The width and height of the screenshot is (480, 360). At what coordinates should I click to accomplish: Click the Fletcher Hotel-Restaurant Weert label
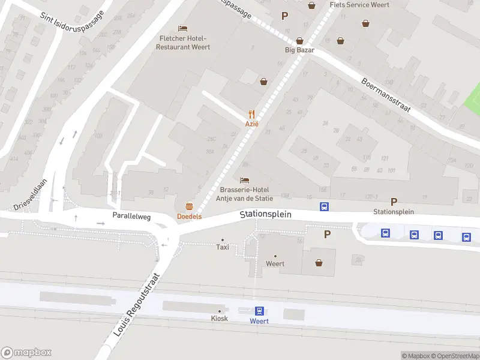coord(184,43)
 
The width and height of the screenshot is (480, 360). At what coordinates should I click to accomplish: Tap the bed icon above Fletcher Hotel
coord(183,28)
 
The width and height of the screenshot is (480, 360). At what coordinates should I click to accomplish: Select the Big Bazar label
coord(299,50)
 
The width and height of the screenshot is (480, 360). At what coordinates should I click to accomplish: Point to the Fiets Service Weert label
coord(359,5)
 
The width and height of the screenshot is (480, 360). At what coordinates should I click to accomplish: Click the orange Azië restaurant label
coord(251,124)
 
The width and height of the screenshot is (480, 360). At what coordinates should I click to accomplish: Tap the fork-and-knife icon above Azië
coord(251,114)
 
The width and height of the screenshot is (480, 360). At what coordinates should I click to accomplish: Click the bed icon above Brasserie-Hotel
coord(244,180)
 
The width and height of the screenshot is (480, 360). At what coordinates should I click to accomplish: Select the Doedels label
coord(189,216)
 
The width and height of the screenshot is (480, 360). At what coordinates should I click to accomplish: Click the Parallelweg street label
coord(130,215)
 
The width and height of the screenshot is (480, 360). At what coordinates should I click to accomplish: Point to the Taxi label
coord(222,247)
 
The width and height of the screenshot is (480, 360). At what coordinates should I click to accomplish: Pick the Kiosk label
coord(219,318)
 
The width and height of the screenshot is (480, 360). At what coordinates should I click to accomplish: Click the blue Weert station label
coord(259,321)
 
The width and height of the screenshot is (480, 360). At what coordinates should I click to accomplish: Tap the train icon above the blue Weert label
coord(259,311)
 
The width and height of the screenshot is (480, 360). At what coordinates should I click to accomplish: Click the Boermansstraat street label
coord(385,95)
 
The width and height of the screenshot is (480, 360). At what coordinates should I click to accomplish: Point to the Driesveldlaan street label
coord(31,196)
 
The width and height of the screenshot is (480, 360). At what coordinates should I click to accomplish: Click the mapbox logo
coord(26,353)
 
